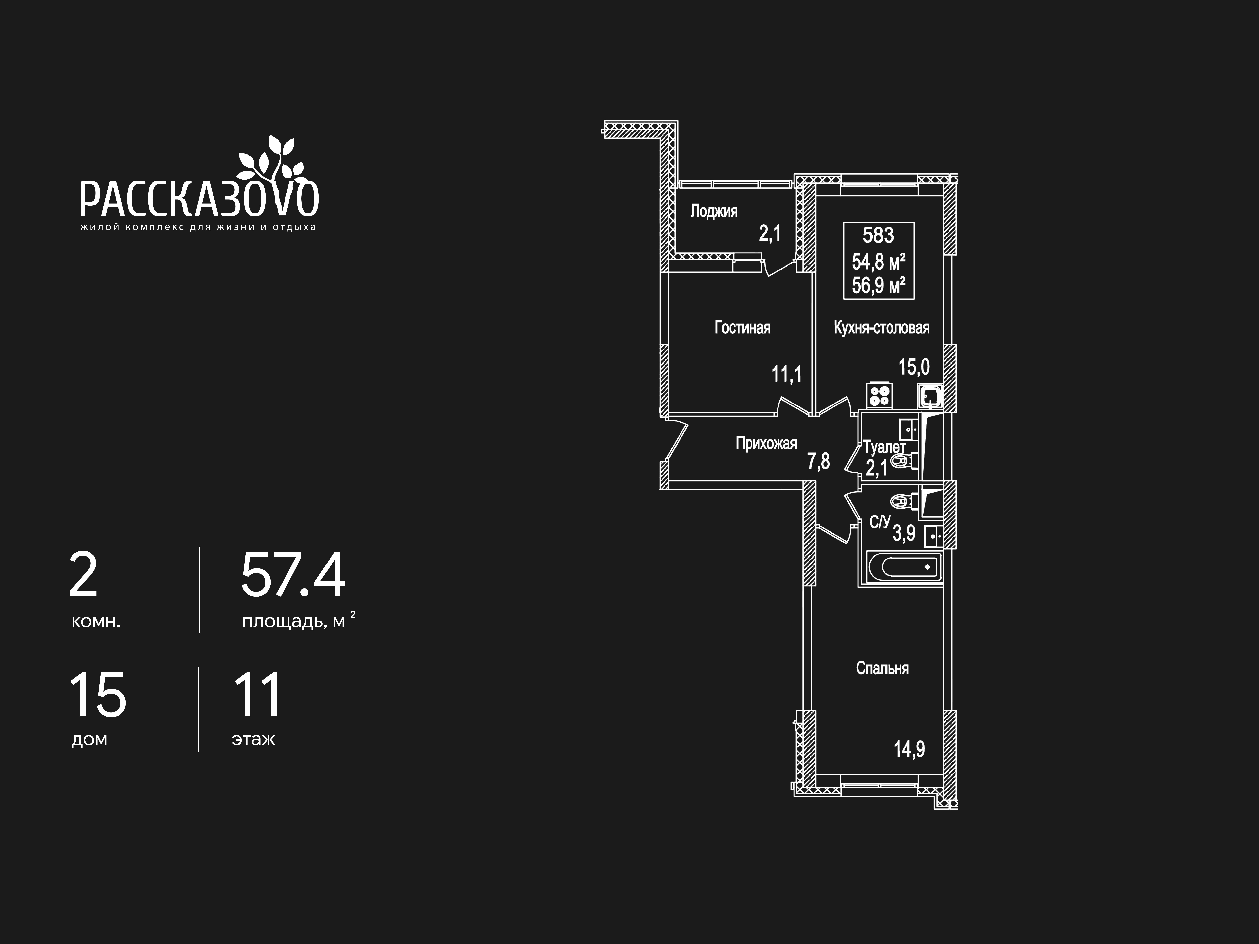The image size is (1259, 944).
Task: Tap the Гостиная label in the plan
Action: tap(742, 328)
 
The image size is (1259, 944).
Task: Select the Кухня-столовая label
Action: tap(882, 328)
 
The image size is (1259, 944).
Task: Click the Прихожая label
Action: tap(766, 443)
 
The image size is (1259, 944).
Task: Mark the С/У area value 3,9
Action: tap(904, 533)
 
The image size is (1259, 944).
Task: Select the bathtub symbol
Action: tap(904, 567)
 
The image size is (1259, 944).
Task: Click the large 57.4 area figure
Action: tap(293, 575)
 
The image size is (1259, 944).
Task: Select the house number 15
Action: tap(97, 695)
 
